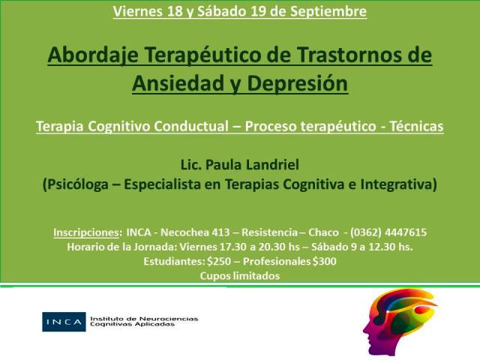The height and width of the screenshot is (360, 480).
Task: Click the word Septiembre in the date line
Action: tap(328, 12)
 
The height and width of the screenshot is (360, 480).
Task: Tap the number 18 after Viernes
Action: tap(175, 11)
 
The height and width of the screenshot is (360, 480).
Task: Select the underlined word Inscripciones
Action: tap(86, 232)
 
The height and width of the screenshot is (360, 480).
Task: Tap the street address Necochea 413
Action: tap(195, 232)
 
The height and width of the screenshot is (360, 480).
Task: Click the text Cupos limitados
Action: tap(240, 276)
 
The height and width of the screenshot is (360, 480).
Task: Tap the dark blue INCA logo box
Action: tap(64, 322)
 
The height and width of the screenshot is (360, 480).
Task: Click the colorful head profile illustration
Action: tap(400, 322)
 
